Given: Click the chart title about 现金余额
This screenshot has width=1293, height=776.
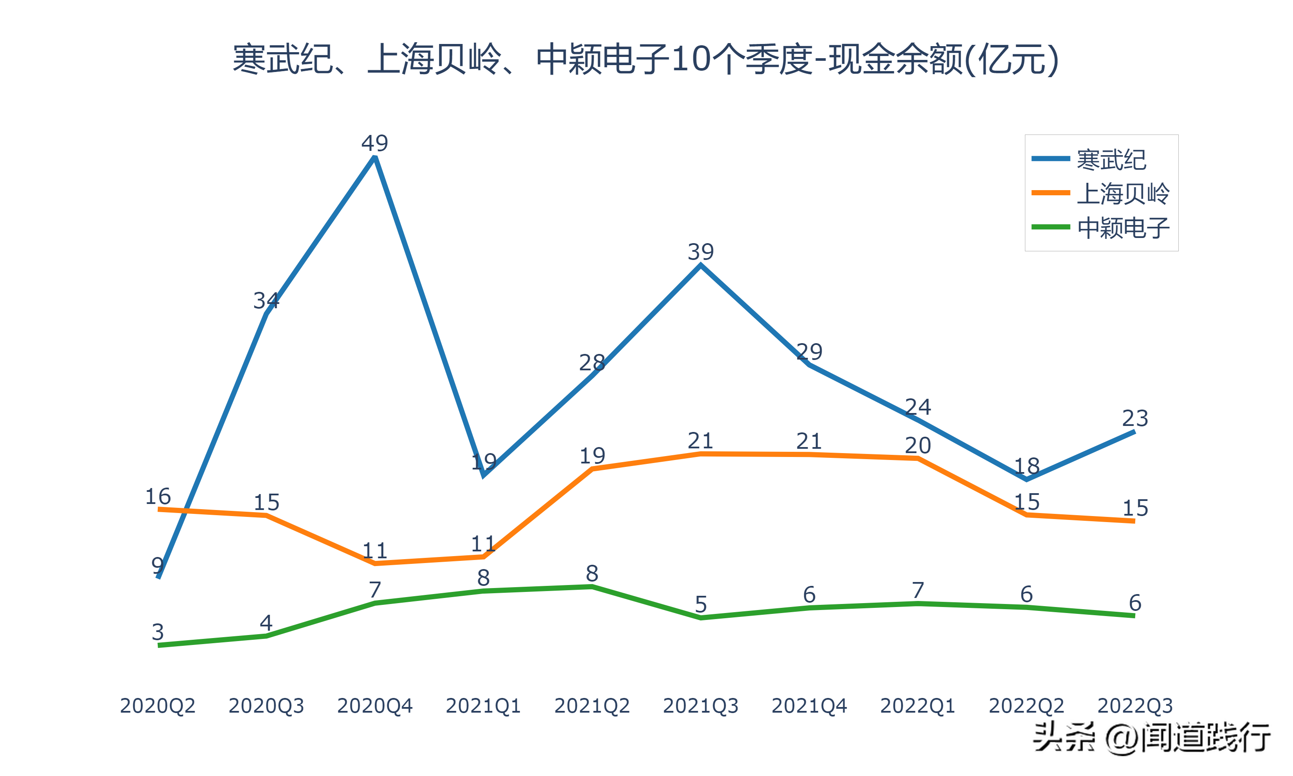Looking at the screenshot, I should pos(646,59).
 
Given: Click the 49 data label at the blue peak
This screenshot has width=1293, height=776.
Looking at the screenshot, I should pos(375,143).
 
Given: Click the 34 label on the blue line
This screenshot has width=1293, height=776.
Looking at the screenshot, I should pos(266,300).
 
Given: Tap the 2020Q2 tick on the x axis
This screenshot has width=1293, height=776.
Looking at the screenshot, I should pos(157,706).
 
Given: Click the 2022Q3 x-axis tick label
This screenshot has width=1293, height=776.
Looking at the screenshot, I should pos(1135,706).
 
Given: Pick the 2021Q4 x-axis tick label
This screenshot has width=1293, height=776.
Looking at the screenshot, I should pos(809,706).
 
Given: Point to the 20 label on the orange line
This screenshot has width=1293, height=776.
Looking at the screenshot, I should pos(918,445).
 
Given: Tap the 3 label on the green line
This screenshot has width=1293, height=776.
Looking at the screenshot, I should pos(157,632).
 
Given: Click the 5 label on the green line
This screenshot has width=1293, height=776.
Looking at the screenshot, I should pos(700,604).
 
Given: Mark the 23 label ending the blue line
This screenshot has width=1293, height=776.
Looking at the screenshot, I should pos(1135,418).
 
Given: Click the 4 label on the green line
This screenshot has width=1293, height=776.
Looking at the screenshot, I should pos(266,623).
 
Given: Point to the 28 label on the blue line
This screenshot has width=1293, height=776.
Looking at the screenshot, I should pos(592,363).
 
